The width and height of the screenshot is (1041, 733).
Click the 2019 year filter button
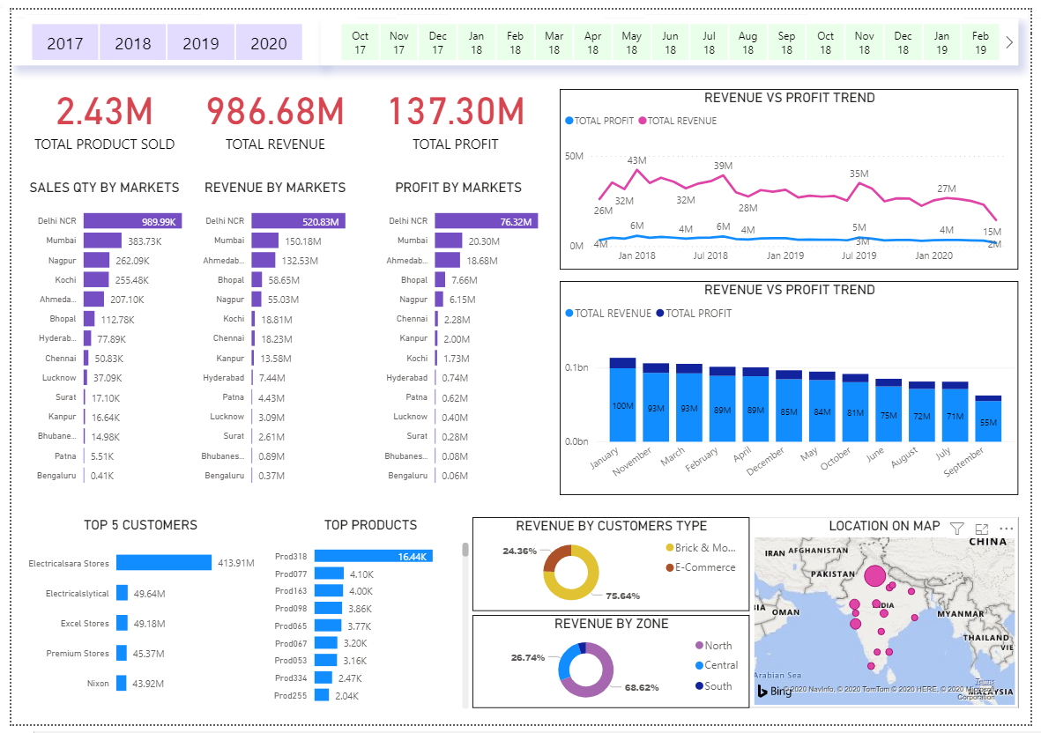(201, 43)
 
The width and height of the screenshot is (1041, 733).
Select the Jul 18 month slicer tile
(709, 43)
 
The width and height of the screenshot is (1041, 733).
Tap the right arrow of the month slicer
(1009, 42)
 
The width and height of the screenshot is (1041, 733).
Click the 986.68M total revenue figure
(275, 112)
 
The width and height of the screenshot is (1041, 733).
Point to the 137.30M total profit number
(456, 112)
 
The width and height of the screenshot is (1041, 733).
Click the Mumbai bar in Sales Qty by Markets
(102, 241)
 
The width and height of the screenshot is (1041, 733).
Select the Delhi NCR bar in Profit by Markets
(486, 221)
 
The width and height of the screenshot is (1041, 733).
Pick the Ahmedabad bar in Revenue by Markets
(263, 260)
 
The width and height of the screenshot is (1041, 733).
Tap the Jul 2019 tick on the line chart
(859, 255)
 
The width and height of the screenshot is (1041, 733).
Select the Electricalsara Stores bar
(164, 562)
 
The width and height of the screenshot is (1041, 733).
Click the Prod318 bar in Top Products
(373, 556)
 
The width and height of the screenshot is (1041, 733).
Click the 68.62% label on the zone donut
(642, 687)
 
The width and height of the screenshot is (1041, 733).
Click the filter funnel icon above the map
(956, 528)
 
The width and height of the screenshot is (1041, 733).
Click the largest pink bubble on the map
(874, 577)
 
